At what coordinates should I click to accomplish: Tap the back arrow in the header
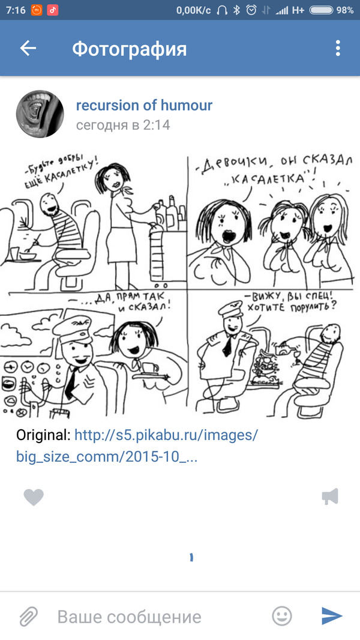pos(28,49)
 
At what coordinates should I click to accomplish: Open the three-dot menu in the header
pos(338,49)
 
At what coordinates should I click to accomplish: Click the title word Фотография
pos(129,49)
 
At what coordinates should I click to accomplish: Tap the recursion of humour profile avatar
pos(40,115)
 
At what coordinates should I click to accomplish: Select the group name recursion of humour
pos(144,106)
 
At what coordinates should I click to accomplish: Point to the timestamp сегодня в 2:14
pos(123,125)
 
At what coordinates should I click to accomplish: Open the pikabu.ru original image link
pos(137,445)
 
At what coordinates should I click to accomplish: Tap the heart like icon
pos(34,497)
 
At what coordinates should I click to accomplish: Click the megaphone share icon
pos(330,497)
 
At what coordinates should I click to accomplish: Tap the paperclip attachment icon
pos(28,616)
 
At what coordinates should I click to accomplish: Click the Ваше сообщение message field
pos(129,617)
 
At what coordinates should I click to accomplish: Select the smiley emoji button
pos(282,616)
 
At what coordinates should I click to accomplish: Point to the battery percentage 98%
pos(345,10)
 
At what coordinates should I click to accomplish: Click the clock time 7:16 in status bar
pos(15,10)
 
